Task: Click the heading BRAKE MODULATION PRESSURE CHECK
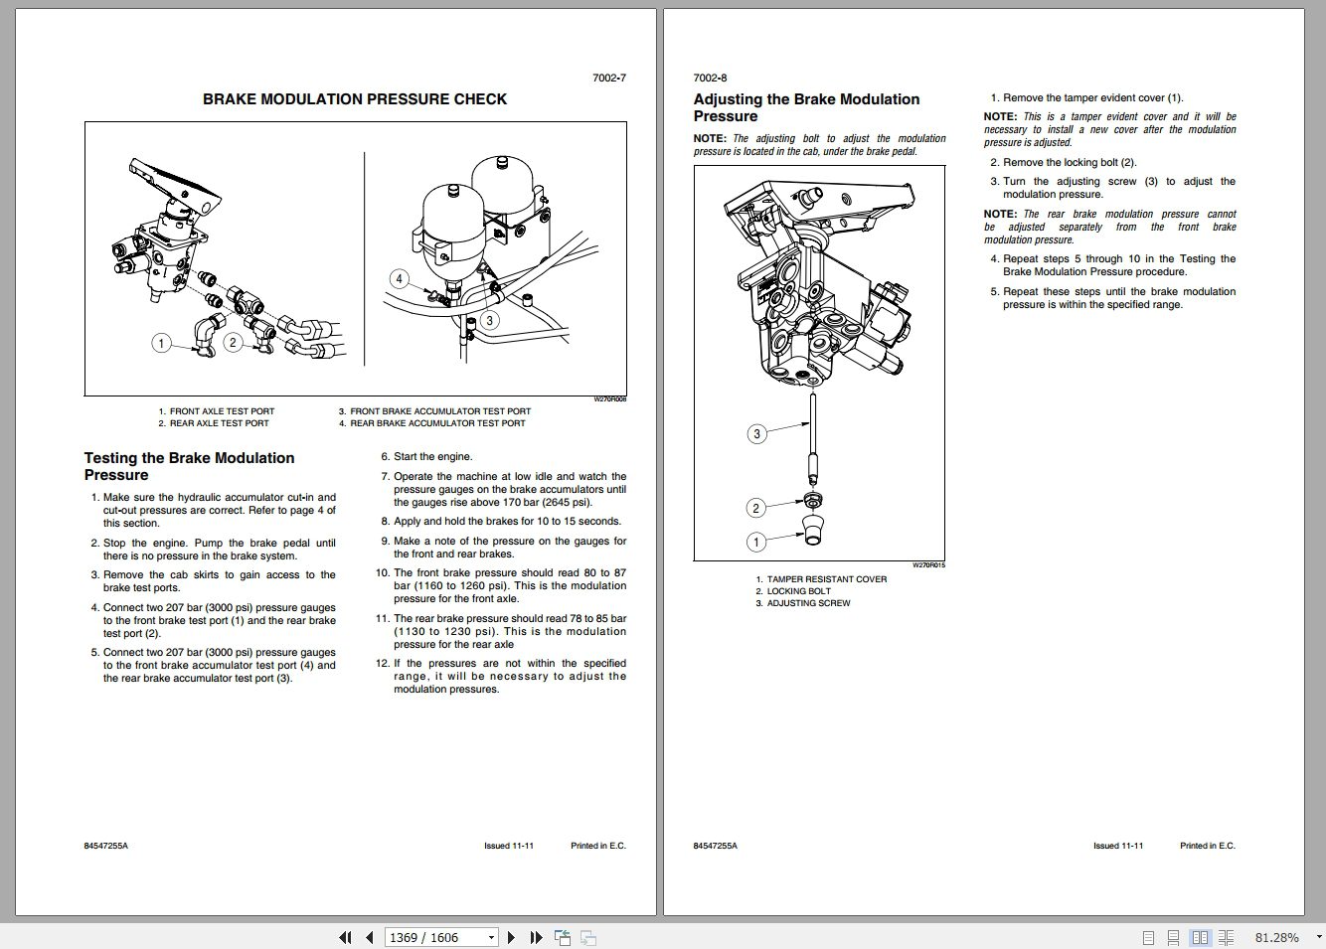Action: [355, 99]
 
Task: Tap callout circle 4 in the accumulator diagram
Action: [399, 279]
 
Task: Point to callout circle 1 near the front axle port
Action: [161, 343]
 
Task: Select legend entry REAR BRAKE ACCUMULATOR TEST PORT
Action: [437, 423]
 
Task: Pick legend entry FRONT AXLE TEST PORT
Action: [222, 411]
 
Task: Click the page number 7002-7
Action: [609, 78]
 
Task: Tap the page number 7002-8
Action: [710, 78]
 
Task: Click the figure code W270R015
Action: [928, 565]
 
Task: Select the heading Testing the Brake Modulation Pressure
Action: [189, 466]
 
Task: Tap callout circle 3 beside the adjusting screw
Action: [756, 433]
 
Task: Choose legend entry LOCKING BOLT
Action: [798, 591]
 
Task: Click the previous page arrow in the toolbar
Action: [370, 937]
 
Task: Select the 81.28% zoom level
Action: [1276, 937]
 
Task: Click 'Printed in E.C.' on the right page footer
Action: [1207, 846]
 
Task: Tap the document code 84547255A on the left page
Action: [106, 846]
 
